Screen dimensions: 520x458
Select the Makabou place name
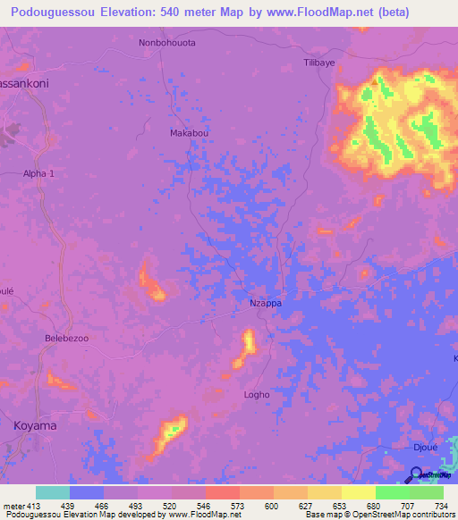click(x=189, y=133)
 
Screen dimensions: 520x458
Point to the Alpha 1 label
click(x=39, y=175)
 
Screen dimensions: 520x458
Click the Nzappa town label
click(x=265, y=304)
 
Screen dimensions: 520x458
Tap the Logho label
click(x=257, y=394)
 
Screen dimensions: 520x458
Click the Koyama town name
click(x=35, y=426)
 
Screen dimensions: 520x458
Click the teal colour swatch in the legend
click(x=53, y=492)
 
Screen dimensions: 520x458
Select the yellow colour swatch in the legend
click(x=358, y=492)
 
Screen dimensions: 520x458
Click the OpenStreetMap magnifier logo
click(x=417, y=474)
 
